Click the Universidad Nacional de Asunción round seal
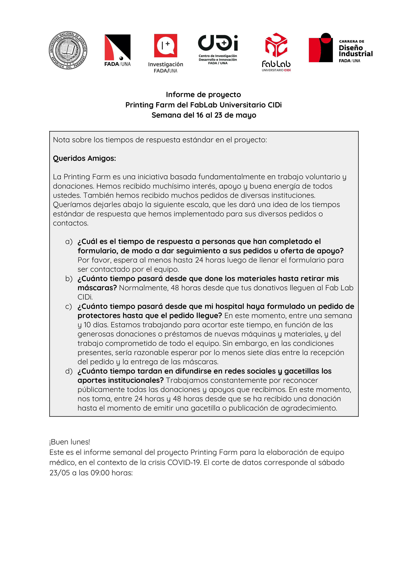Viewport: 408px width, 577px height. pyautogui.click(x=68, y=50)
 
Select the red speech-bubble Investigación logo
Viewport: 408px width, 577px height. pyautogui.click(x=165, y=46)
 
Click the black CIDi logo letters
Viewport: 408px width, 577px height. pyautogui.click(x=218, y=43)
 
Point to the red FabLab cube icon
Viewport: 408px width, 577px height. pyautogui.click(x=276, y=45)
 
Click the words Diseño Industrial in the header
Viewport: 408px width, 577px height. pyautogui.click(x=355, y=51)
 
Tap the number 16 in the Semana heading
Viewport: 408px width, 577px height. pyautogui.click(x=200, y=115)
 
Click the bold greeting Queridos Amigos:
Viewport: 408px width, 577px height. pyautogui.click(x=84, y=158)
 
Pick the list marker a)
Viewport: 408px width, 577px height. pyautogui.click(x=69, y=242)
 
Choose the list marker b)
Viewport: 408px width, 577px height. pyautogui.click(x=69, y=279)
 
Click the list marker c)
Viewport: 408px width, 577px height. pyautogui.click(x=68, y=306)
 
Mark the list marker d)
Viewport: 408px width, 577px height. pyautogui.click(x=69, y=371)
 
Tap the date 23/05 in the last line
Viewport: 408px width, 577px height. pyautogui.click(x=60, y=473)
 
